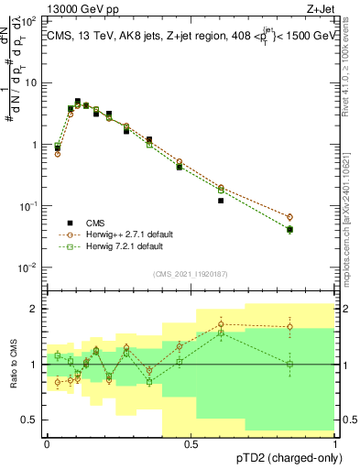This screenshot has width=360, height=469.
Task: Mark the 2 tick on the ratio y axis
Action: point(36,309)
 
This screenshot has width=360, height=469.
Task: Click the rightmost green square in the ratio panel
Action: point(290,364)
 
